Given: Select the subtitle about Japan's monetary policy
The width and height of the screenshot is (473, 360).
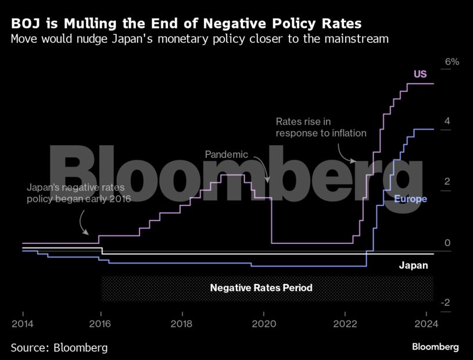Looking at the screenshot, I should point(199,39).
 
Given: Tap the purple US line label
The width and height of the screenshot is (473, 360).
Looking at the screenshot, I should point(420,74).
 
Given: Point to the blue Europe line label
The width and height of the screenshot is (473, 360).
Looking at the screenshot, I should point(410,199).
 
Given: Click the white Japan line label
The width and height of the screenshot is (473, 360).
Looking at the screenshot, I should point(413,266).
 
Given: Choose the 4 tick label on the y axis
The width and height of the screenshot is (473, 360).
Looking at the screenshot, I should point(447,121).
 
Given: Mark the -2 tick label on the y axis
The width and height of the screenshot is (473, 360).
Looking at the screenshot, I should point(446,303).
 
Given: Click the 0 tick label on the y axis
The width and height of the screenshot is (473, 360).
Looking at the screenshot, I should point(447,243).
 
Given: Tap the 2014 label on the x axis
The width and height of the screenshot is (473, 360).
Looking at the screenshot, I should point(22,323).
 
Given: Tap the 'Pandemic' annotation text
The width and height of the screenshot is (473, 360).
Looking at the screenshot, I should point(227,155).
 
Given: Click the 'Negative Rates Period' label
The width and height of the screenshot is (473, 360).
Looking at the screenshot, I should point(261,287).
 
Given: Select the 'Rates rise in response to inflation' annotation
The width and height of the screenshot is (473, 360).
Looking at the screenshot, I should point(321,127).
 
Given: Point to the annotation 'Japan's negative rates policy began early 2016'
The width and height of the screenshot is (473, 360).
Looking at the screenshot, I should point(79,193).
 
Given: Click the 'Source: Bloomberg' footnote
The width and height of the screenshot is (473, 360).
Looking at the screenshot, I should point(59,348).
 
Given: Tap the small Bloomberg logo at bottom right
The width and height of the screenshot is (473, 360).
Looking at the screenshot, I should point(435,347).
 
